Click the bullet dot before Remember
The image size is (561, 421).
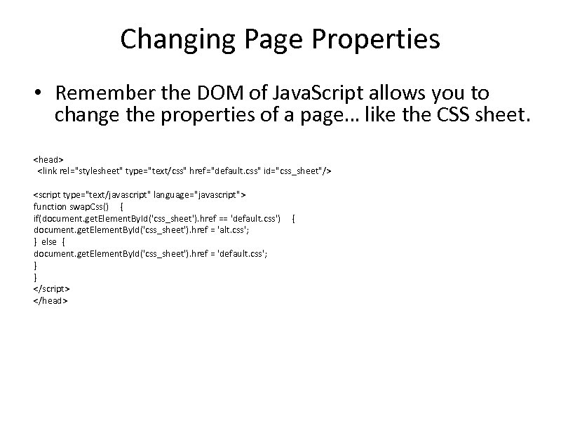point(41,94)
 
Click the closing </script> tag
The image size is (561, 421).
point(51,288)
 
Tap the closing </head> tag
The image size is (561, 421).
point(50,300)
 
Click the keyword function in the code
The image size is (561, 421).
point(49,206)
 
